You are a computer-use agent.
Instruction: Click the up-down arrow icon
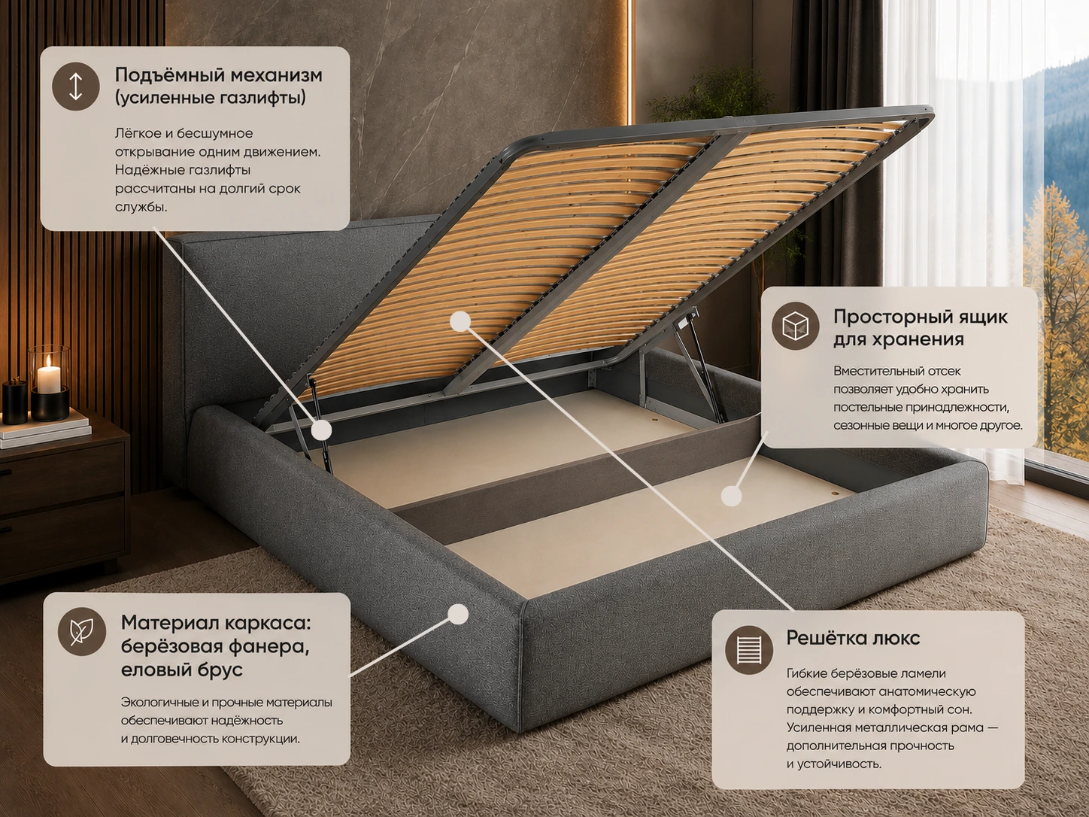point(76,87)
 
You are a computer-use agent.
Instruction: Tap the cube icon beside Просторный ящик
point(795,326)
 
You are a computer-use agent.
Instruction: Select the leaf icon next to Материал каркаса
point(82,631)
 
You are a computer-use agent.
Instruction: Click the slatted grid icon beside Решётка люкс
point(748,650)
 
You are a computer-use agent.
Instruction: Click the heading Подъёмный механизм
point(218,75)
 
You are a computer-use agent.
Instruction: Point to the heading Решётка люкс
point(853,637)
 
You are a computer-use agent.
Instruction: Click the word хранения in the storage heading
point(899,339)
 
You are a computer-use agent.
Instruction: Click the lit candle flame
point(49,362)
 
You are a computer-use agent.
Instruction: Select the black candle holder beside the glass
point(14,402)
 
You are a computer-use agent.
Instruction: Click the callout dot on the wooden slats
point(460,321)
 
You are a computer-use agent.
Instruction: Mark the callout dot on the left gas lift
point(322,430)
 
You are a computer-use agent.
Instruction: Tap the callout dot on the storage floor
point(731,496)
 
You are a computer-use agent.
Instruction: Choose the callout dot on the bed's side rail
point(458,614)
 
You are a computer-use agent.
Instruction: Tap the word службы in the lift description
point(141,207)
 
